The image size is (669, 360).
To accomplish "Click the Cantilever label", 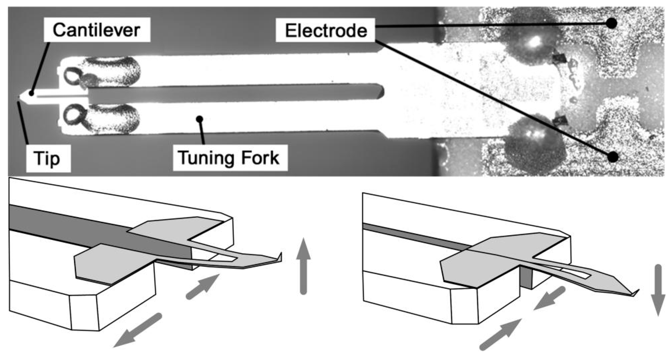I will click(97, 30).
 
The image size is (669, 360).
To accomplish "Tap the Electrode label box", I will click(326, 30).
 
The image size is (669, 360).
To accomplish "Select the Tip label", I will click(48, 158).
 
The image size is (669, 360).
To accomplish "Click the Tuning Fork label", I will click(230, 158).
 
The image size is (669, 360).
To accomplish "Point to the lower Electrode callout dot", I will click(613, 157).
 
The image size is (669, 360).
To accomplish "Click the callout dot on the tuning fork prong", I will click(200, 119).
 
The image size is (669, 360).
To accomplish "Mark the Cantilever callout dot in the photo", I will click(31, 93).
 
